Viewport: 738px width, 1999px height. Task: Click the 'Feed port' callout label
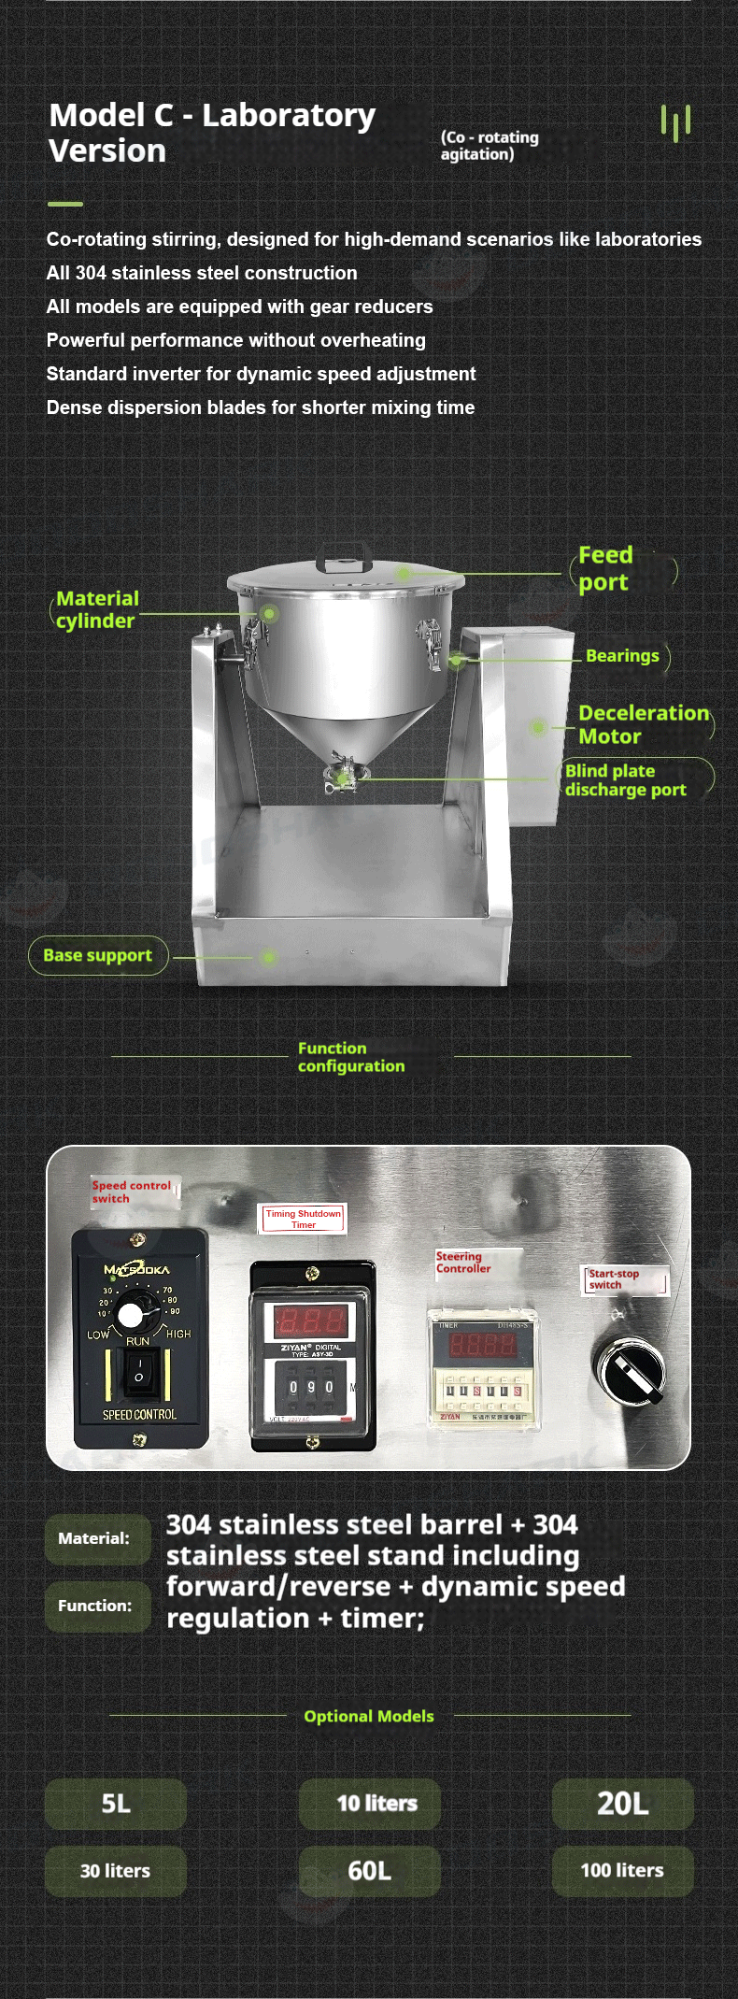point(604,568)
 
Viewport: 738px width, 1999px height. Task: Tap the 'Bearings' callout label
point(622,656)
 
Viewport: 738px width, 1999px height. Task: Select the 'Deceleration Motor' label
point(643,724)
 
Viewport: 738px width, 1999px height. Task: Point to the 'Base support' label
point(97,955)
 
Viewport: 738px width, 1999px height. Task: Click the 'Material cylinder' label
point(96,609)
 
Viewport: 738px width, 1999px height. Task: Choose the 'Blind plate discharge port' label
point(625,779)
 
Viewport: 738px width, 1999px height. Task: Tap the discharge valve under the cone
point(345,776)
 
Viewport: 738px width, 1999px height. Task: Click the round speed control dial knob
point(131,1315)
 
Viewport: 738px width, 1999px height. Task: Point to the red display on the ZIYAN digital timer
point(311,1321)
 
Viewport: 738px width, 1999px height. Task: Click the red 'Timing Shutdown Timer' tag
point(303,1218)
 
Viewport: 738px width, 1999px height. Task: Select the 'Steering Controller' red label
point(462,1263)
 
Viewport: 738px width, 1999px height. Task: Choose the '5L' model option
point(116,1803)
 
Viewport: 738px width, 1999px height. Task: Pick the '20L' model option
point(622,1803)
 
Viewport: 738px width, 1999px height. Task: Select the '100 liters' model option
point(622,1870)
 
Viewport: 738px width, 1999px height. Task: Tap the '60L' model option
point(369,1870)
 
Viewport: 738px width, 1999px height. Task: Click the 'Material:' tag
point(94,1537)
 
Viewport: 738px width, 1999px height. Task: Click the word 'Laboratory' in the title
point(289,115)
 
